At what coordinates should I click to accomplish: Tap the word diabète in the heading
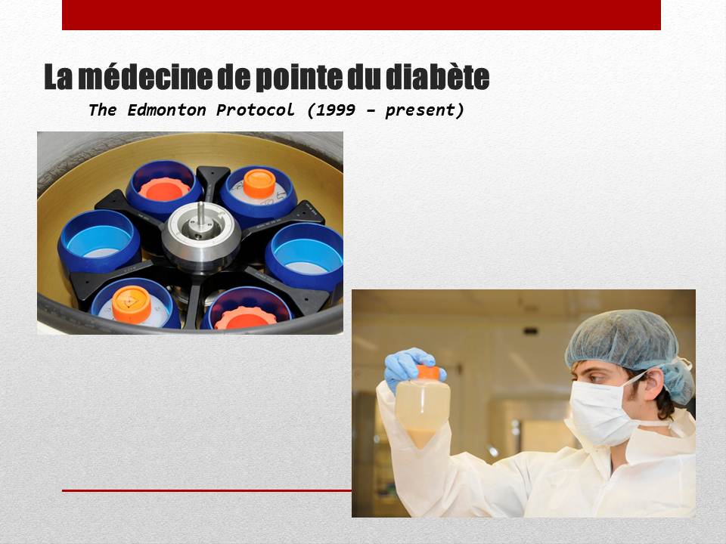tap(437, 77)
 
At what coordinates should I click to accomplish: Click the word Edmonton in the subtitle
tap(166, 110)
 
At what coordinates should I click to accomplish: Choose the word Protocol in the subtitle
tap(255, 110)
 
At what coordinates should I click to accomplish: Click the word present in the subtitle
tap(420, 111)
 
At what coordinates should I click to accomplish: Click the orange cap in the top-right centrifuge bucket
tap(259, 184)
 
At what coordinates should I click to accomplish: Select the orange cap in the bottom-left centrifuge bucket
tap(132, 304)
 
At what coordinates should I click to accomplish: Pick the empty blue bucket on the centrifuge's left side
tap(99, 241)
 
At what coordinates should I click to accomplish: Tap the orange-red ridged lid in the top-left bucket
tap(164, 189)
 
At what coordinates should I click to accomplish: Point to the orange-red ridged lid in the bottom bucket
tap(245, 318)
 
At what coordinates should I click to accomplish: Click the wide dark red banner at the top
tap(361, 15)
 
